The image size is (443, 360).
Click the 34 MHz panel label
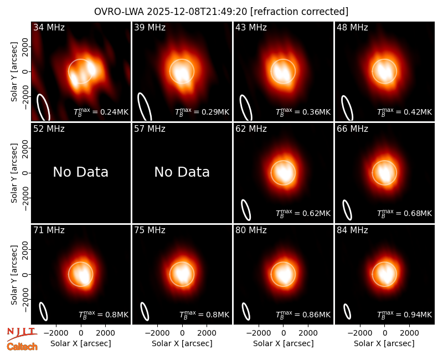tap(49, 27)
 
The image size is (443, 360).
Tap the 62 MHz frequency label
tap(251, 129)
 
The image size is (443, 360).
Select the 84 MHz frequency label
tap(352, 230)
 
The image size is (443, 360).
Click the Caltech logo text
tap(22, 347)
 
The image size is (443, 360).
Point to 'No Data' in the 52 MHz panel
tap(80, 172)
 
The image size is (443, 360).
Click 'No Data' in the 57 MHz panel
tap(182, 172)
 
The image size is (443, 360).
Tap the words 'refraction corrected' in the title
tap(299, 12)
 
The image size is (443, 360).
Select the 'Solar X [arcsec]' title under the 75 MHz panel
tap(182, 343)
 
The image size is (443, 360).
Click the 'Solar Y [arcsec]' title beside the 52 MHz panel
tap(14, 173)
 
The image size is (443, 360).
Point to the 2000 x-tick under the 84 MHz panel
tap(409, 333)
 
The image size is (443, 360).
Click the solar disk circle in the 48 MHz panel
tap(384, 60)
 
